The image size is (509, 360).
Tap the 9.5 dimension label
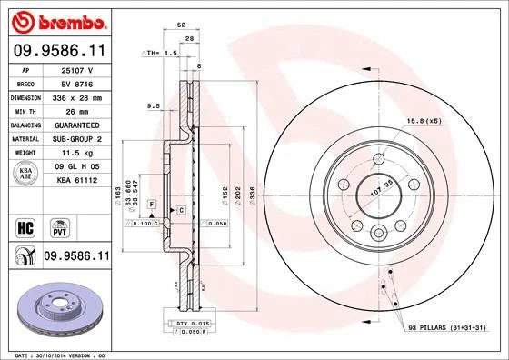pos(153,106)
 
